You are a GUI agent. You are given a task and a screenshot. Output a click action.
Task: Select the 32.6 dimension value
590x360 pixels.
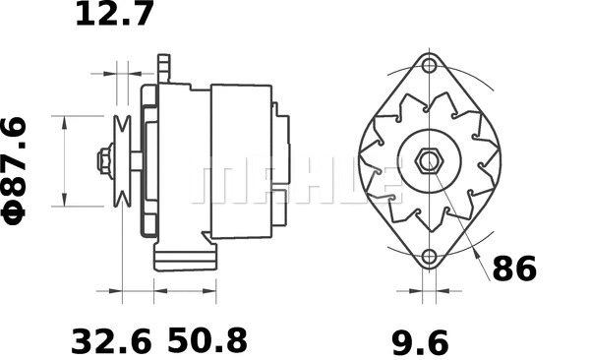(111, 342)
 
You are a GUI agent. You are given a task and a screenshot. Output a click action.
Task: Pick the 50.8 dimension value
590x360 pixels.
(206, 342)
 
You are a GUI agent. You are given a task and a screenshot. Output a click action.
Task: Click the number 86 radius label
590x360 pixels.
(514, 269)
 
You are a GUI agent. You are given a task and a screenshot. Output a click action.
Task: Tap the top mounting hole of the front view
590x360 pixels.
(429, 67)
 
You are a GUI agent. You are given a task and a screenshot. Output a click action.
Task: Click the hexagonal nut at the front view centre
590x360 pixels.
(429, 160)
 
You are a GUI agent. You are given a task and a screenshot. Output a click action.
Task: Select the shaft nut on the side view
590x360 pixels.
(103, 160)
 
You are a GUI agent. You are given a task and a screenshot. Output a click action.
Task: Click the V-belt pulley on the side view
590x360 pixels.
(123, 160)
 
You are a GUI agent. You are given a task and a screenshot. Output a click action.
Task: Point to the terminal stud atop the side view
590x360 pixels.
(164, 67)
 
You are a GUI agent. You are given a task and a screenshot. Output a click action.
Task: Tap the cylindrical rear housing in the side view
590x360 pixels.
(240, 160)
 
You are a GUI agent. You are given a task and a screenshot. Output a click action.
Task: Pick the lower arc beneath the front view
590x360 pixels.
(429, 278)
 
